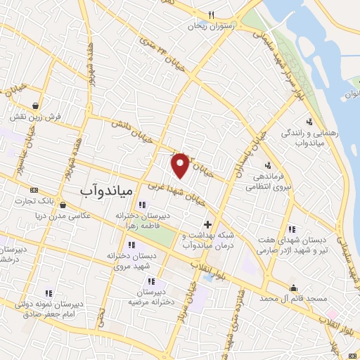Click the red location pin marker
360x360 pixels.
pos(181,165)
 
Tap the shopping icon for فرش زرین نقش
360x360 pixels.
pos(35,104)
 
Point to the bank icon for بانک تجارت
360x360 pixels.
pos(34,190)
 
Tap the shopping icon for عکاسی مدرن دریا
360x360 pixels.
pos(64,205)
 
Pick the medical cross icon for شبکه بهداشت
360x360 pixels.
pos(206,224)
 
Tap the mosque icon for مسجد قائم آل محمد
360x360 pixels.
pos(293,287)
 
